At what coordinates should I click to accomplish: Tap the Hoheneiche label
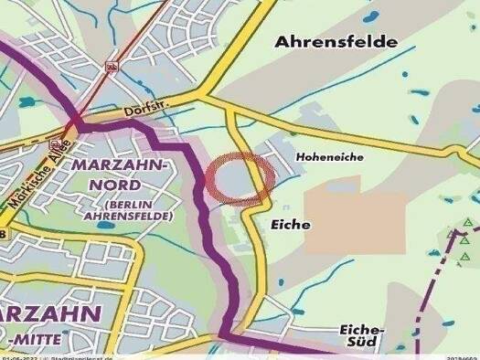pos(330,157)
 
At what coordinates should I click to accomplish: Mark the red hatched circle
pos(238,178)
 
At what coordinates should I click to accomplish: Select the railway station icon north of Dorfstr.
pos(112,66)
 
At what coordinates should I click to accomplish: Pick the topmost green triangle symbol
pos(466,222)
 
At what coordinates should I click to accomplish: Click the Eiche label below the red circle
pos(292,224)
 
